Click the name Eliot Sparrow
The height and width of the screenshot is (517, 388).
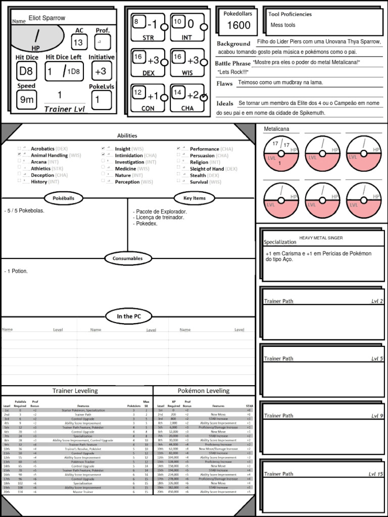[46, 18]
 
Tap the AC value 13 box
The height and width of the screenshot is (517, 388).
[78, 43]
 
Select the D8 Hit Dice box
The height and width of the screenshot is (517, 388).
[26, 71]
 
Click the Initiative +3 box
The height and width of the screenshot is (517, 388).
[101, 71]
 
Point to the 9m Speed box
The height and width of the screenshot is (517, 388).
[26, 99]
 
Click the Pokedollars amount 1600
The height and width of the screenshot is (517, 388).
[238, 26]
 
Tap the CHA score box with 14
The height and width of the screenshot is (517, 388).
[177, 92]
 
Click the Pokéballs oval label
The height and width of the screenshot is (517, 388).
[64, 198]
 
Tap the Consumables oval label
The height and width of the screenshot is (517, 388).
[128, 258]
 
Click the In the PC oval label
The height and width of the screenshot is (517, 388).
[128, 317]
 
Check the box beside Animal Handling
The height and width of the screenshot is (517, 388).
[20, 156]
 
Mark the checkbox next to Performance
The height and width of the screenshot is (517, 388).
[179, 149]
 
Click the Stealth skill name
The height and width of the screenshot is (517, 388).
[198, 175]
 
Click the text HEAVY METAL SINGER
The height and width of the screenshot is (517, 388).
[321, 238]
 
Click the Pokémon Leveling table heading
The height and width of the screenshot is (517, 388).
[203, 391]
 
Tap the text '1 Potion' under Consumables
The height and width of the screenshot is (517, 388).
[17, 271]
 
